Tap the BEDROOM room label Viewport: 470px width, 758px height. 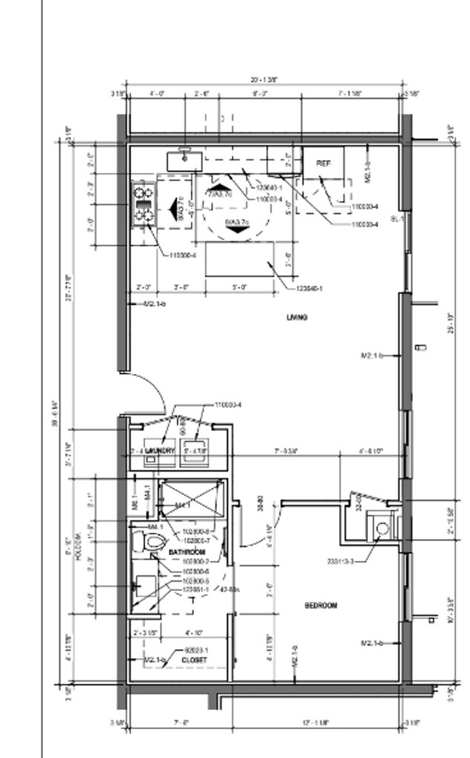tap(320, 606)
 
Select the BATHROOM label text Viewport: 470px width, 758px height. tap(187, 553)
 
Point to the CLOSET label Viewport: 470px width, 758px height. tap(194, 659)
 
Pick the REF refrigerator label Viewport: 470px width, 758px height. tap(323, 163)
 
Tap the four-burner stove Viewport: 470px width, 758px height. tap(143, 204)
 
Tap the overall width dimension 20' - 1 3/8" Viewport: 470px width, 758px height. tap(264, 80)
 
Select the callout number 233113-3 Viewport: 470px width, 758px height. tap(340, 561)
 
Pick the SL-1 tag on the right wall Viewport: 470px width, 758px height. tap(397, 219)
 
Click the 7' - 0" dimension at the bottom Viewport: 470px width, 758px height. tap(181, 722)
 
